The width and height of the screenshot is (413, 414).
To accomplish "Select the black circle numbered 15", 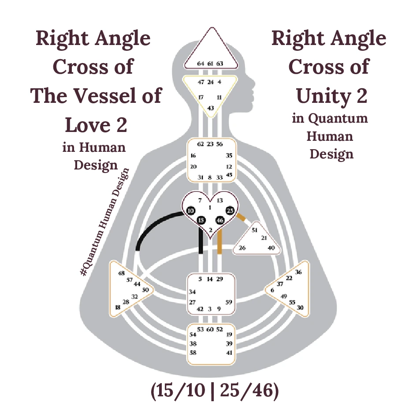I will [201, 220].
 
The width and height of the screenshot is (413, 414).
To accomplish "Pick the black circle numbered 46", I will [220, 220].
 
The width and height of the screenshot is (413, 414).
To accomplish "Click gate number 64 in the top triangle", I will [201, 64].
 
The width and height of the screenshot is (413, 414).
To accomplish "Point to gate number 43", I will [211, 108].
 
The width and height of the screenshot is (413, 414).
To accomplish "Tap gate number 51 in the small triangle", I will [255, 230].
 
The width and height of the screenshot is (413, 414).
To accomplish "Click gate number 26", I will [242, 248].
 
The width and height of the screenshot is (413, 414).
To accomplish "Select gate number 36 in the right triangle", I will [298, 272].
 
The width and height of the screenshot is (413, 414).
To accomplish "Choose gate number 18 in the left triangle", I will [117, 307].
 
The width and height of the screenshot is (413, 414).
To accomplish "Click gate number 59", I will [229, 302].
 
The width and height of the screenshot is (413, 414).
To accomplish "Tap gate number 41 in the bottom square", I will [229, 353].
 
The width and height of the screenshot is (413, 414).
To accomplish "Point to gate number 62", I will [201, 144].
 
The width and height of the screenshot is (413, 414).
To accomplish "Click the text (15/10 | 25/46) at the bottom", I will [214, 391].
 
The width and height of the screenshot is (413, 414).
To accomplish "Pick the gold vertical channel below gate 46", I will [220, 241].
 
